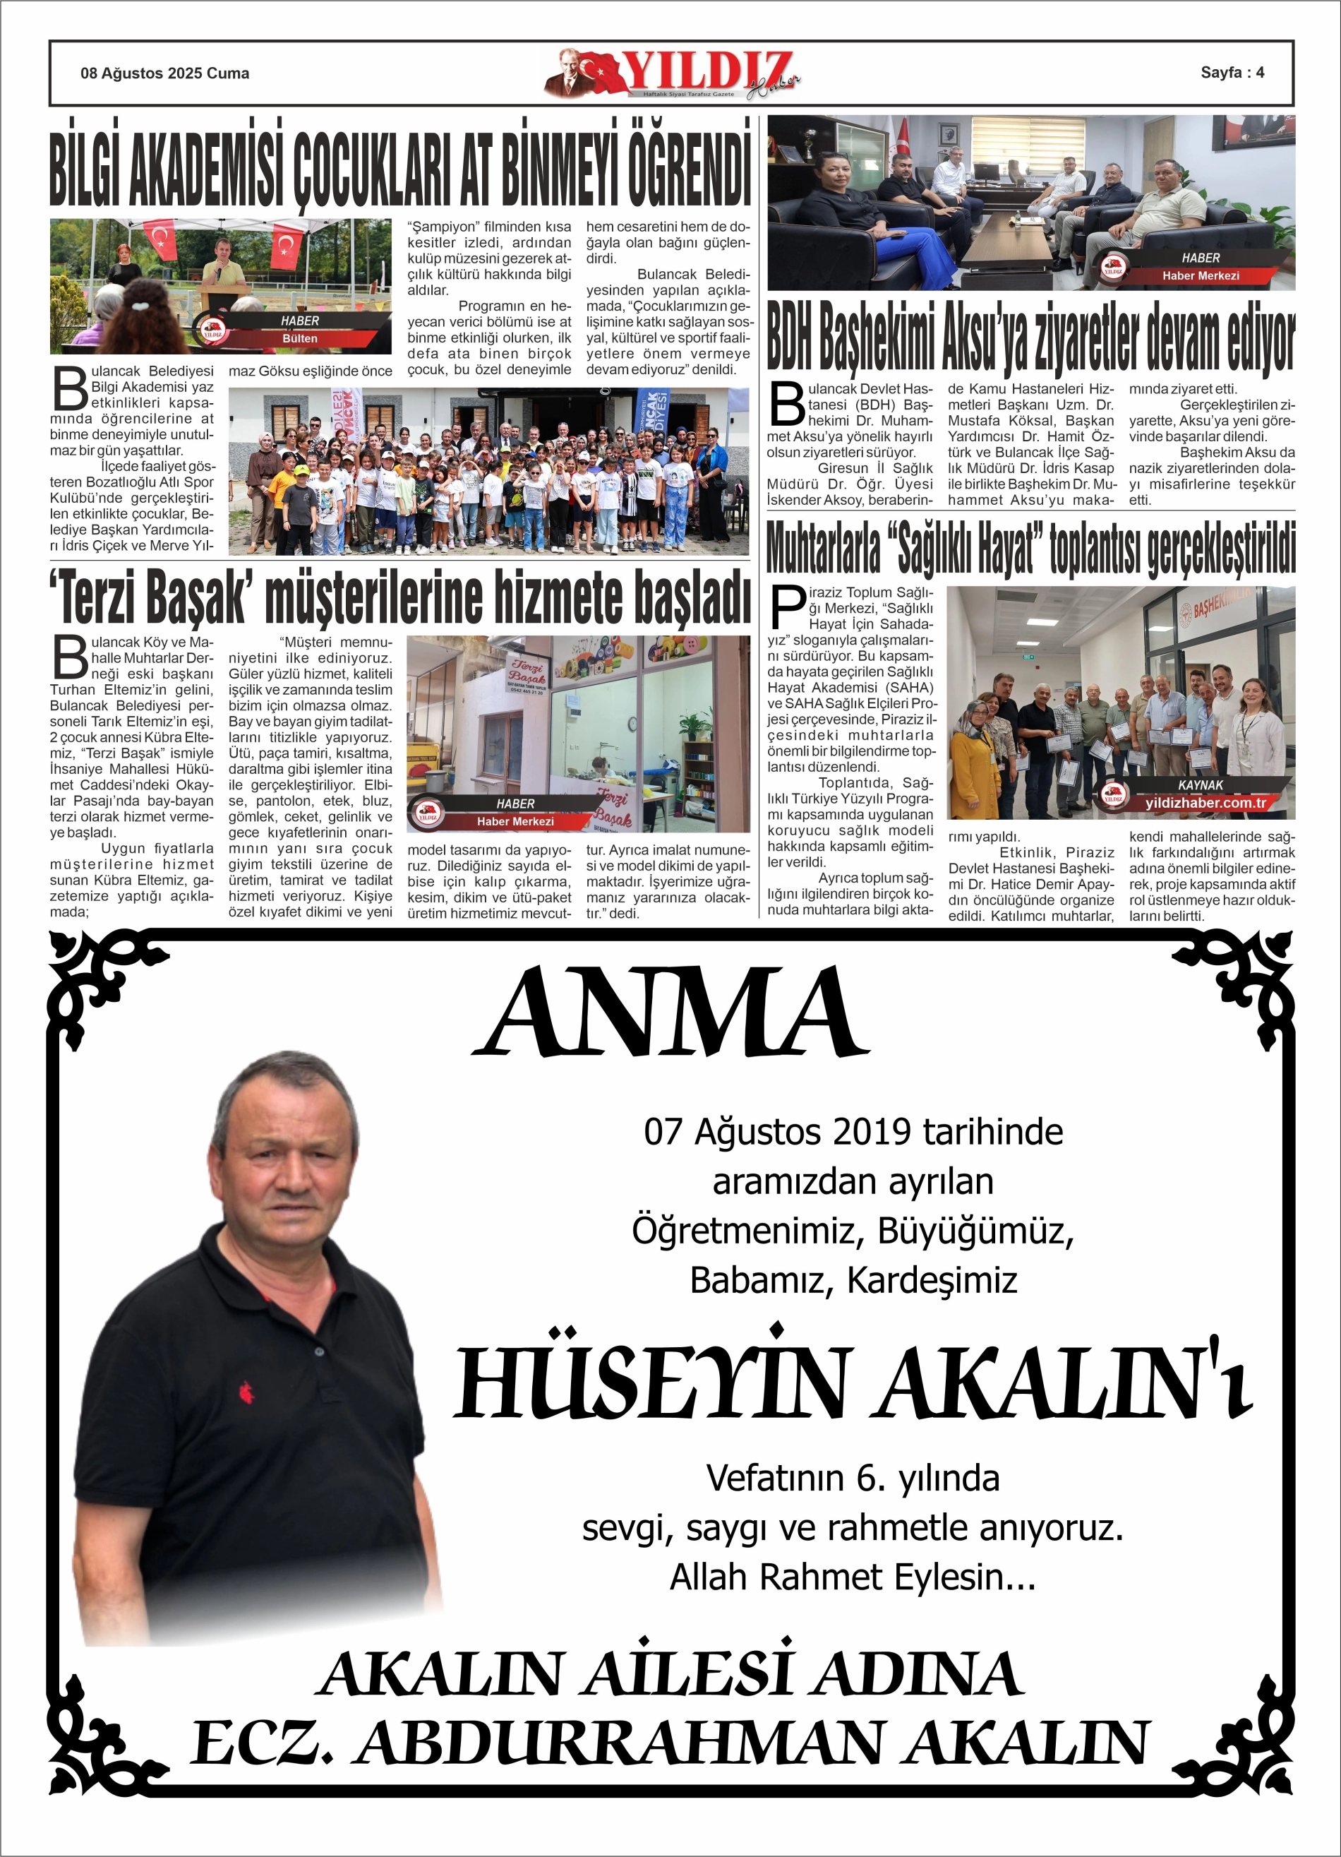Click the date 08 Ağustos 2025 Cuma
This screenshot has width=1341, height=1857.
[x=164, y=73]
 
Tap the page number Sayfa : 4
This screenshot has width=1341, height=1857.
[x=1232, y=72]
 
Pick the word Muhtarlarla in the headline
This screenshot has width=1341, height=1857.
[x=823, y=549]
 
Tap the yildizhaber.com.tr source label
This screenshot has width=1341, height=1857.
[x=1204, y=804]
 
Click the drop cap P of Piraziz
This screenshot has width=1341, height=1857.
[x=788, y=607]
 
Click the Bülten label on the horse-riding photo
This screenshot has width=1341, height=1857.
[x=300, y=338]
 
